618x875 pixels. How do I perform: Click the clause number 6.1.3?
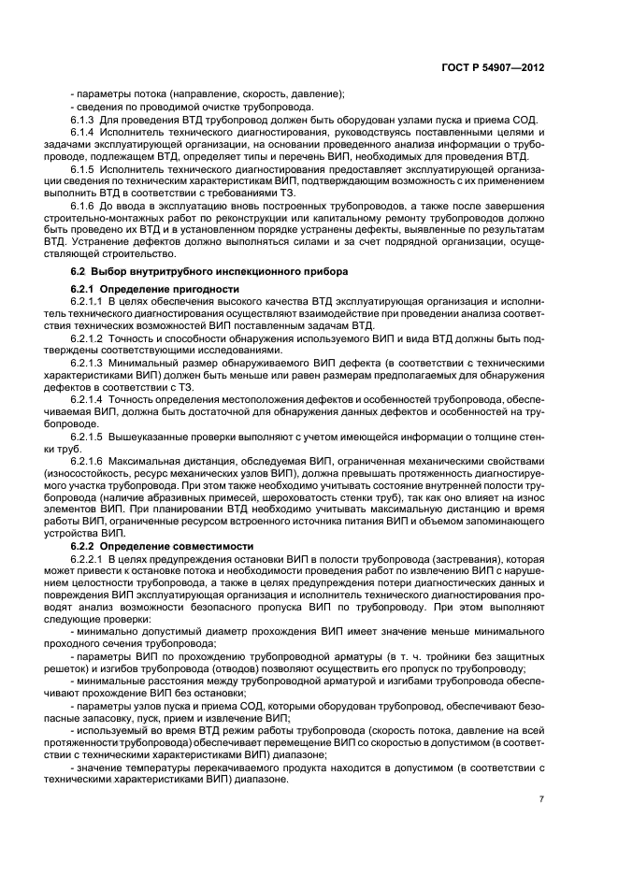click(x=83, y=121)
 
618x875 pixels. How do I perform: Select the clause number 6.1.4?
click(x=83, y=134)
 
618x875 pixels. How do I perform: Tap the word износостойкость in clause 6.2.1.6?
click(x=110, y=474)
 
